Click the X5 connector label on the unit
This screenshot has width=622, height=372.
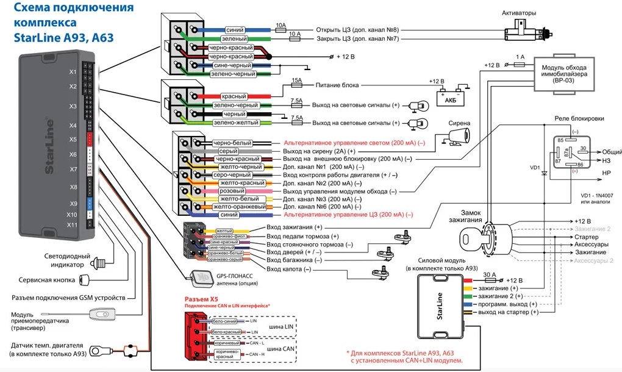click(x=73, y=139)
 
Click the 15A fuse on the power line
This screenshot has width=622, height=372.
click(x=297, y=85)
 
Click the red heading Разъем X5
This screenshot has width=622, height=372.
click(x=201, y=300)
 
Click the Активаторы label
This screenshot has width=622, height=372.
click(x=518, y=13)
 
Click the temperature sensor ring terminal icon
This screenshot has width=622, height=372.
click(x=98, y=351)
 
